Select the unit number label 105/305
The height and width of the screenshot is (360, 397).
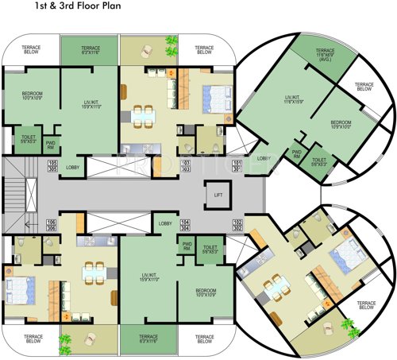click(x=53, y=166)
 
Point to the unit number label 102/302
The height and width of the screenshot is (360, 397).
click(x=237, y=224)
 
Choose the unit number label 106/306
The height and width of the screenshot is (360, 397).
click(x=52, y=224)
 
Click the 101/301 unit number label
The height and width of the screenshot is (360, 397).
click(x=237, y=166)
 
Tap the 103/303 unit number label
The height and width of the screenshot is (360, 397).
click(x=186, y=166)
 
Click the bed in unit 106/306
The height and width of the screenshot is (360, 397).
click(x=19, y=287)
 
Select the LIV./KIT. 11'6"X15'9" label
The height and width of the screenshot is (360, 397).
click(x=297, y=103)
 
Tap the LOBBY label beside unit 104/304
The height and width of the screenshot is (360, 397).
click(x=164, y=223)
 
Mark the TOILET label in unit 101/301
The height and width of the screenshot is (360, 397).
click(x=318, y=161)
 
